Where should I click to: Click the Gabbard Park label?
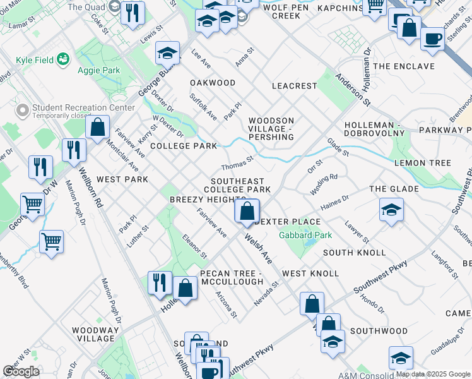coord(300,235)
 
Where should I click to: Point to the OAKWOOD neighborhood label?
coord(213,83)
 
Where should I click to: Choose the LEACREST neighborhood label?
coord(293,85)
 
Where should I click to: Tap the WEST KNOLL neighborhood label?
coord(310,274)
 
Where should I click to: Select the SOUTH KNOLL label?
coord(354,253)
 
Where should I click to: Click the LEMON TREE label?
coord(423,163)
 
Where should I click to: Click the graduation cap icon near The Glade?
coord(391,210)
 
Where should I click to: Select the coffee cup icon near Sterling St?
coord(432,39)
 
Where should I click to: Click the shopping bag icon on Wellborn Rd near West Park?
coord(98,128)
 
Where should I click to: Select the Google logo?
coord(21,371)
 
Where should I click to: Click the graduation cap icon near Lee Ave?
coord(167,53)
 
